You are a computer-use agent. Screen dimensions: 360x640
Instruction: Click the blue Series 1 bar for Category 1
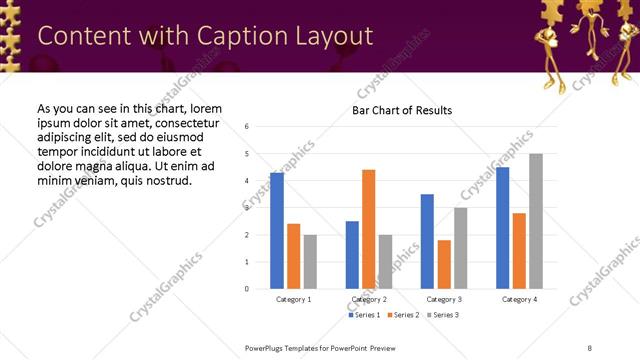pos(277,231)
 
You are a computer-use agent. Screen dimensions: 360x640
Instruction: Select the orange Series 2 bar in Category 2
pos(369,229)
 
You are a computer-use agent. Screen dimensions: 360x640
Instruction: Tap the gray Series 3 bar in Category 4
pos(536,221)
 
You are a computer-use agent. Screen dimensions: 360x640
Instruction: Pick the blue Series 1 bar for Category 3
pos(427,241)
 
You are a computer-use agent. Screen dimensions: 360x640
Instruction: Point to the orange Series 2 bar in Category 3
pos(444,264)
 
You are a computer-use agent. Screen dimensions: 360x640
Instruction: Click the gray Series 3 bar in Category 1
pos(310,262)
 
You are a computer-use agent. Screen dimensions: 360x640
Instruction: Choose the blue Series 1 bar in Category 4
pos(502,228)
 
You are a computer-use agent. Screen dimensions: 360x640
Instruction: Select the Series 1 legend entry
pos(362,315)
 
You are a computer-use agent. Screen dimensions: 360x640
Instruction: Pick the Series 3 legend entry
pos(443,315)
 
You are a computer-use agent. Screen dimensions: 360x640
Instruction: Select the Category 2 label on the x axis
pos(369,299)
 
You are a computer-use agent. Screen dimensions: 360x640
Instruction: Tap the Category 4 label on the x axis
pos(519,299)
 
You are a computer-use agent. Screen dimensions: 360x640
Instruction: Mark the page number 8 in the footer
pos(590,347)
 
